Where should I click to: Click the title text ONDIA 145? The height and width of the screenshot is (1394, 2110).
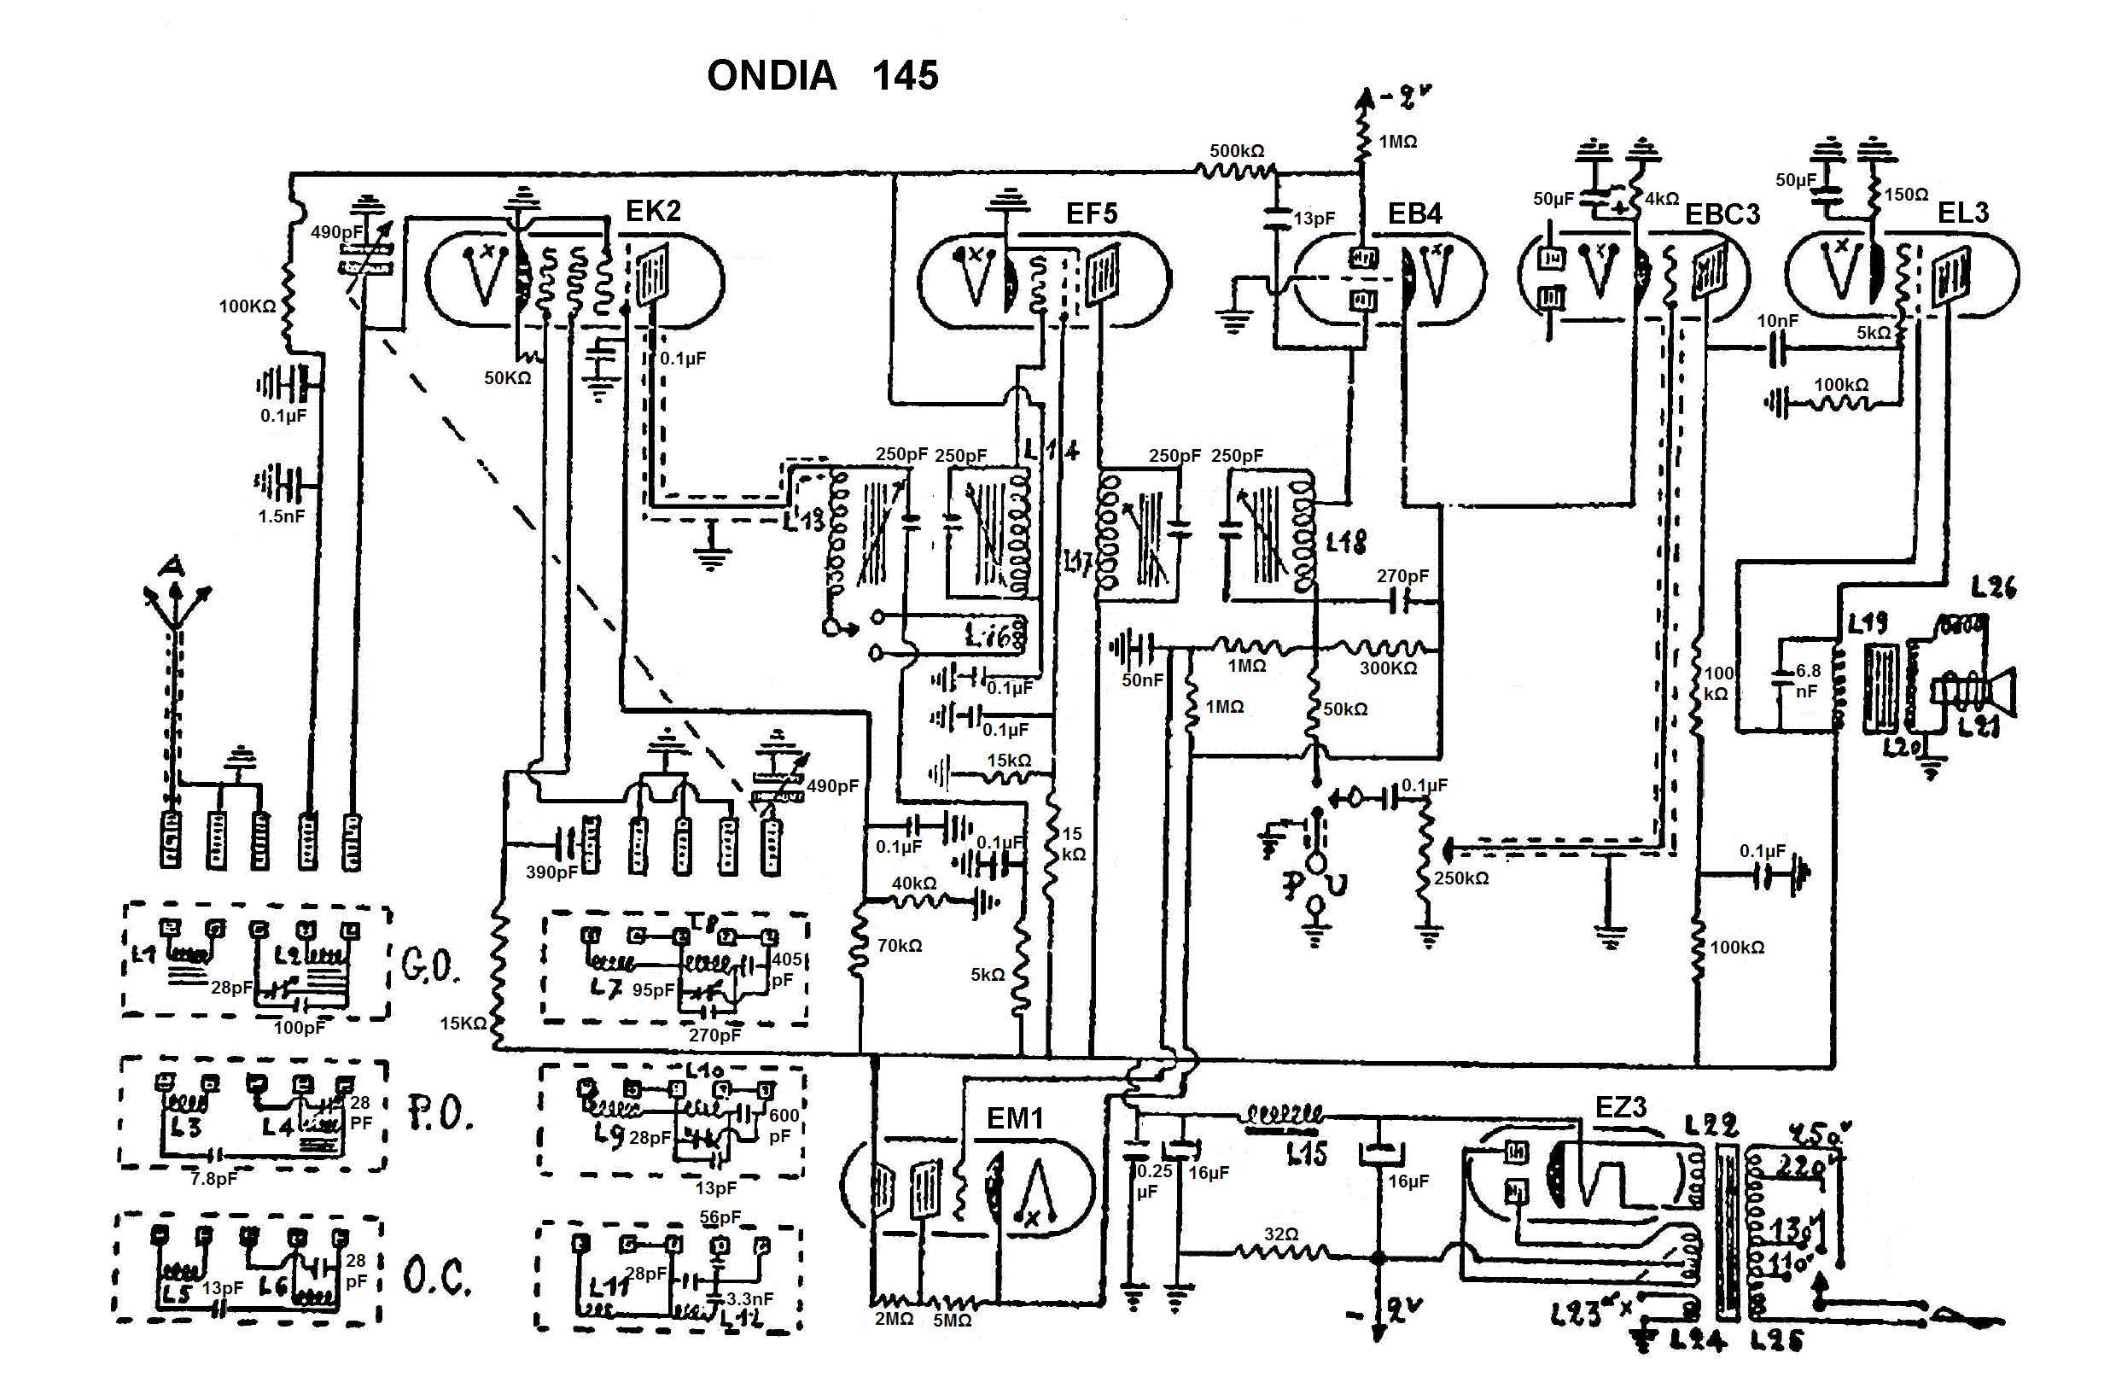click(x=821, y=76)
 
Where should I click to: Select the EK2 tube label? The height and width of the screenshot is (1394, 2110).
click(x=653, y=211)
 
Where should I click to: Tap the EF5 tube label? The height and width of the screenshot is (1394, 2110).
click(x=1091, y=213)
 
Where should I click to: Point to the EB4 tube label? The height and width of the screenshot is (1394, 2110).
click(x=1414, y=213)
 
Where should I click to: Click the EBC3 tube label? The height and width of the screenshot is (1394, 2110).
click(x=1722, y=214)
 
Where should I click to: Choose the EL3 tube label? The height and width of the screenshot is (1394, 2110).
click(x=1962, y=213)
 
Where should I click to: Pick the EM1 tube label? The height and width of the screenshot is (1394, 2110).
click(x=1014, y=1118)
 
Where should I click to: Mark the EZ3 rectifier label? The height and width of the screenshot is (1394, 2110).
click(x=1620, y=1108)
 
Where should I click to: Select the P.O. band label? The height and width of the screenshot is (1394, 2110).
click(x=439, y=1113)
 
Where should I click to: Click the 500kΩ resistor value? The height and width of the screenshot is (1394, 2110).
click(x=1236, y=151)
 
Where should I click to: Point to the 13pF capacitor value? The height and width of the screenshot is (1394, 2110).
click(x=1314, y=218)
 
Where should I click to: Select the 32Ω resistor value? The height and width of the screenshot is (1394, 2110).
click(x=1280, y=1234)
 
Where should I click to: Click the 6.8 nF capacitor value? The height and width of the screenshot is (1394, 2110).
click(x=1807, y=681)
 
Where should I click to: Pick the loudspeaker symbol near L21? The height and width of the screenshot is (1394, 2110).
click(x=1996, y=691)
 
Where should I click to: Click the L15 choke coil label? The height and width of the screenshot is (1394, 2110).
click(x=1307, y=1154)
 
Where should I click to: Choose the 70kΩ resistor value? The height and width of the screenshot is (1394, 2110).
click(x=900, y=946)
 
